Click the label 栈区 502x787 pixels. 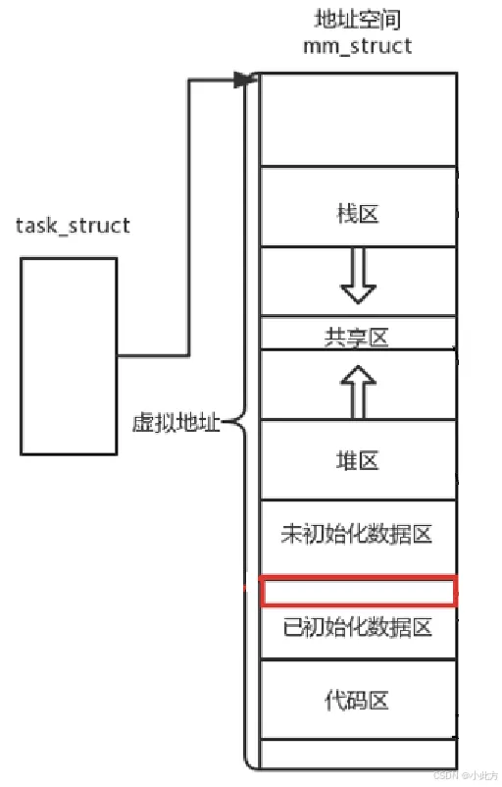click(x=358, y=213)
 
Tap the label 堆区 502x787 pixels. click(x=358, y=460)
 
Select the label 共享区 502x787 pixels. click(x=357, y=338)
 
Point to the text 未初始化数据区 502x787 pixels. click(x=357, y=534)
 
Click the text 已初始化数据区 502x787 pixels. click(x=358, y=627)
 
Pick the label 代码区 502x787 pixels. click(x=357, y=701)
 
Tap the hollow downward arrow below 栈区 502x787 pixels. click(x=358, y=276)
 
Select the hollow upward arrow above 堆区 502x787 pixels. click(x=358, y=392)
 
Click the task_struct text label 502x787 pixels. click(x=73, y=226)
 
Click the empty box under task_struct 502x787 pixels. click(x=69, y=356)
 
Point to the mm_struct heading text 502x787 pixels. click(x=358, y=46)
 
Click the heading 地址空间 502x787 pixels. click(x=358, y=20)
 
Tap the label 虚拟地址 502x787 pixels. click(x=176, y=423)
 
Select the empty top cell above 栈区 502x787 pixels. click(x=359, y=120)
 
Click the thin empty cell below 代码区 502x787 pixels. click(x=359, y=753)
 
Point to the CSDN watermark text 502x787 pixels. click(x=465, y=775)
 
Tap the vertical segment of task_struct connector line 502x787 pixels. click(x=189, y=217)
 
